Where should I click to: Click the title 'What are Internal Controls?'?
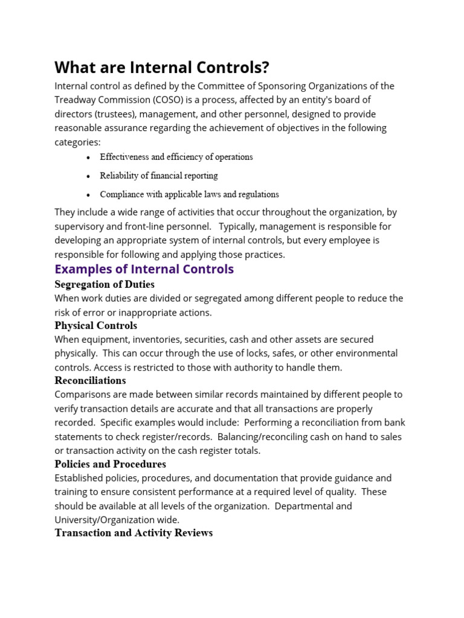point(161,67)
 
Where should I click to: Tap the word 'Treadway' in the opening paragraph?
point(76,100)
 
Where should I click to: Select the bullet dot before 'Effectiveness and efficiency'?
point(88,158)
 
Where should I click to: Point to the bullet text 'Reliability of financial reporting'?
point(159,176)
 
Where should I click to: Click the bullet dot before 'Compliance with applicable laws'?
point(88,195)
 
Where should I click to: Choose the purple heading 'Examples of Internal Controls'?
point(144,269)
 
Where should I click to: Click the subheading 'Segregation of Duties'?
point(105,284)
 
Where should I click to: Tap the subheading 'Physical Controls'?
point(95,325)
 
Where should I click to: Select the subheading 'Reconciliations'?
point(90,380)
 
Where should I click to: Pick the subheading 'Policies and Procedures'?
point(110,464)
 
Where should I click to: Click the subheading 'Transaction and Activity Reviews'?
point(134,533)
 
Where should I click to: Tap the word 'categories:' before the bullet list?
point(78,142)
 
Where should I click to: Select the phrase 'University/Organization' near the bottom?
point(106,520)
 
